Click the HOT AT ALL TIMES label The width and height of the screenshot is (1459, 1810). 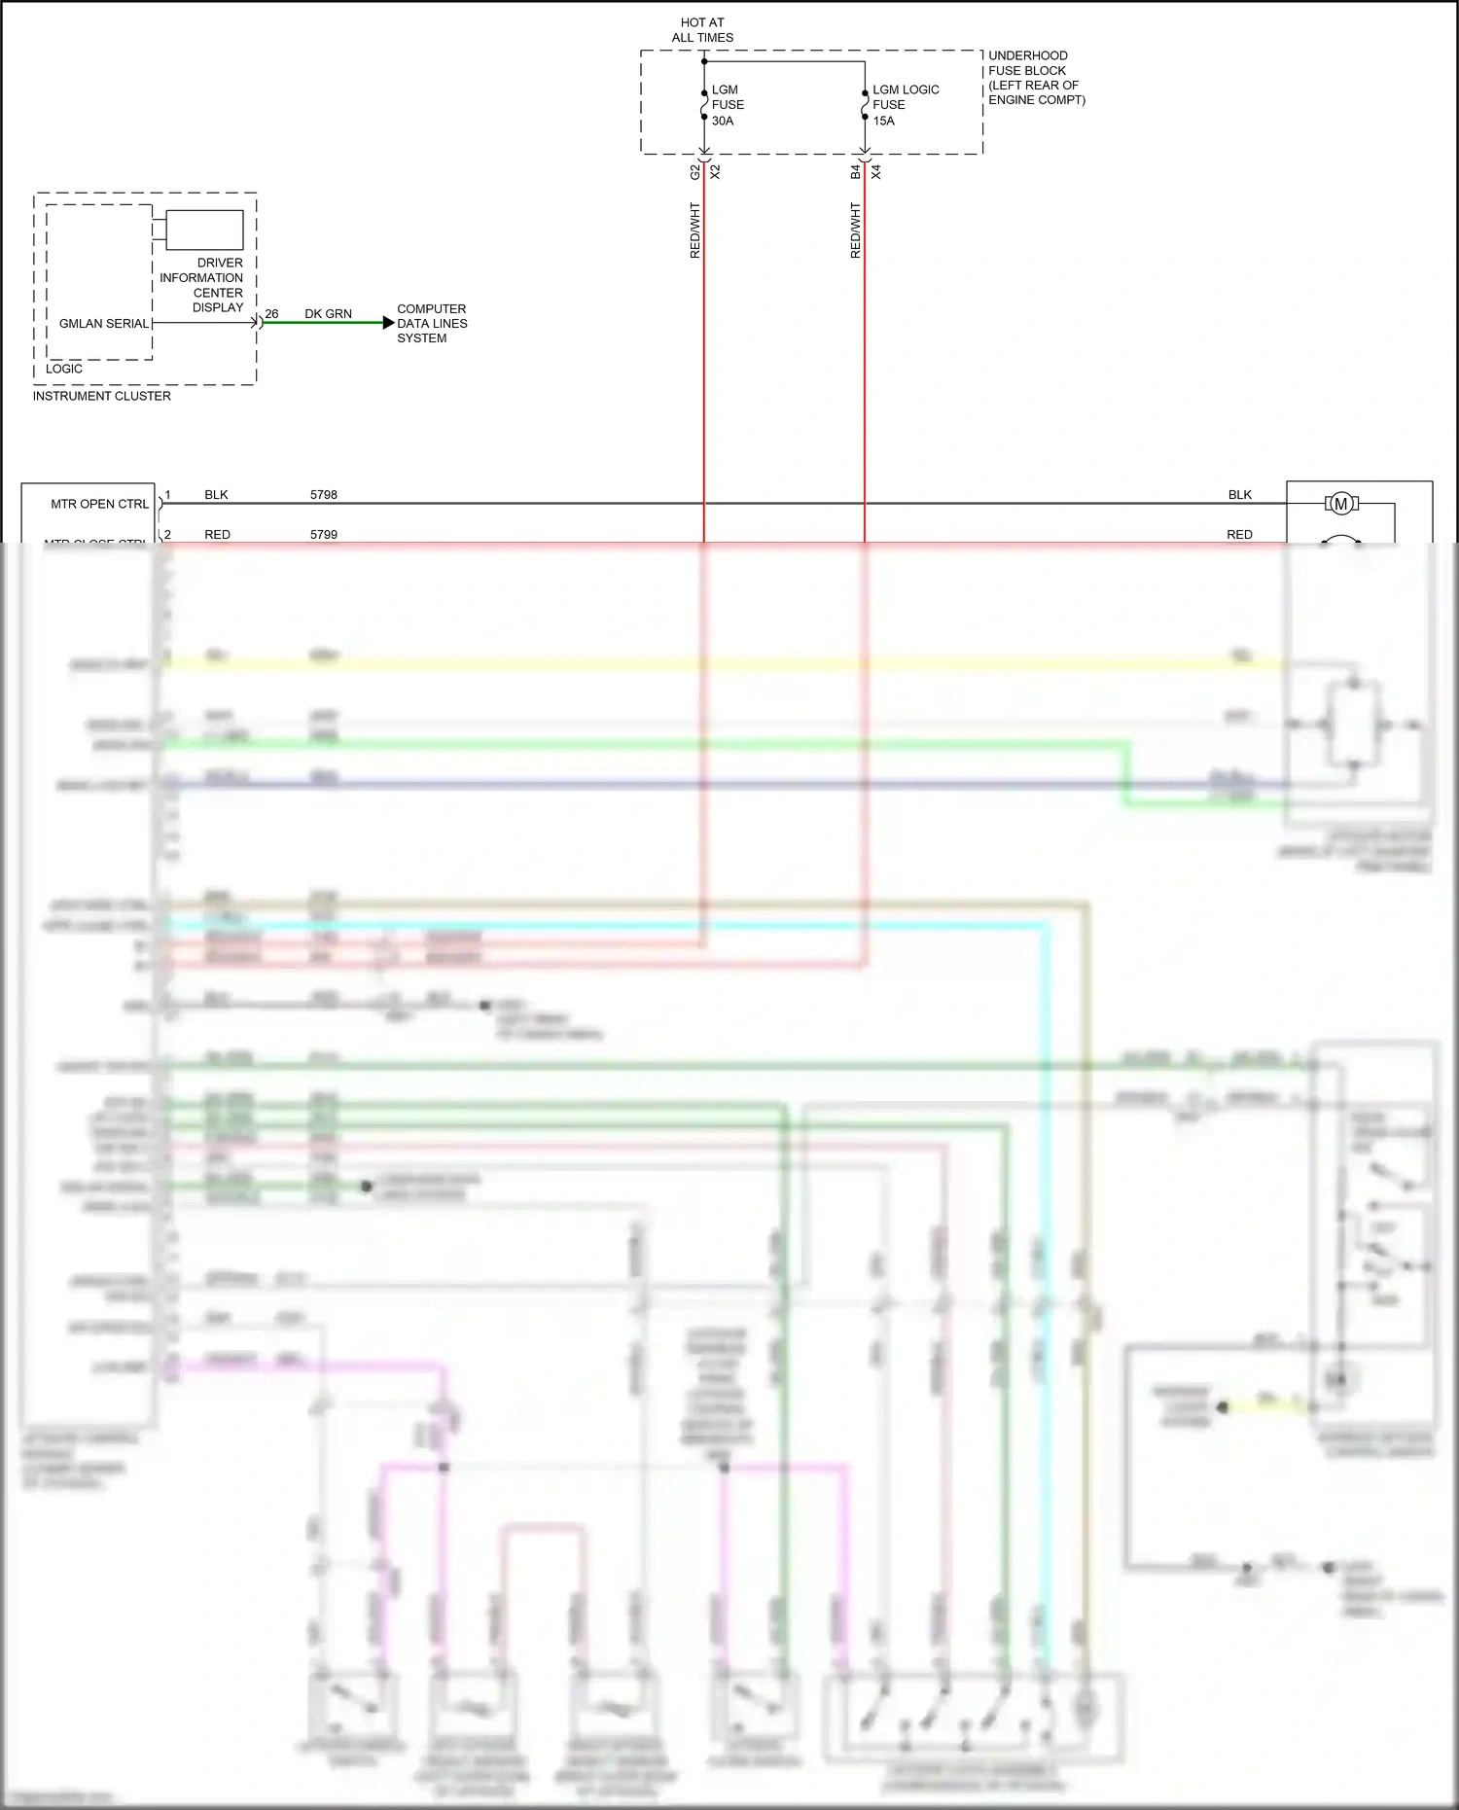(702, 30)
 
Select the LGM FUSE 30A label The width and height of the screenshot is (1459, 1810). (728, 105)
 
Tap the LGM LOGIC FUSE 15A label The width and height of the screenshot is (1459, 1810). (905, 105)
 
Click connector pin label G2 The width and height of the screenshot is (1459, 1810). (694, 172)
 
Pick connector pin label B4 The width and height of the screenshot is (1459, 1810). (855, 172)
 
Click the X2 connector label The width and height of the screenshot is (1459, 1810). (716, 172)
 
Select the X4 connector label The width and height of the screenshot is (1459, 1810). (876, 172)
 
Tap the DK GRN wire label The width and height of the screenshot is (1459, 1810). (328, 314)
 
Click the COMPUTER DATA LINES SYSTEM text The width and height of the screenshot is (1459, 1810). (432, 324)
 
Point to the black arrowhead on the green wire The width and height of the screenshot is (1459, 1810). (388, 323)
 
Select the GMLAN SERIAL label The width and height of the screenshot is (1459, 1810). (104, 324)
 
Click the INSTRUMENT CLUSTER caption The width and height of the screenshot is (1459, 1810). (102, 396)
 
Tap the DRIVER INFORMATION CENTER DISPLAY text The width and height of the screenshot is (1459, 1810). (202, 285)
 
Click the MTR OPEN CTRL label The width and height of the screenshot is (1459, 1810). (100, 504)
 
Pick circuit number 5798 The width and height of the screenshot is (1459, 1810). (324, 495)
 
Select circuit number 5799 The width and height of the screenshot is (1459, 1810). (324, 535)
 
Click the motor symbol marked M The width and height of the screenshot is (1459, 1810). (1341, 504)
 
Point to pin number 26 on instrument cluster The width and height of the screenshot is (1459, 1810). (271, 314)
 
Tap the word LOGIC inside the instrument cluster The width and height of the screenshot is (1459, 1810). (64, 369)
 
